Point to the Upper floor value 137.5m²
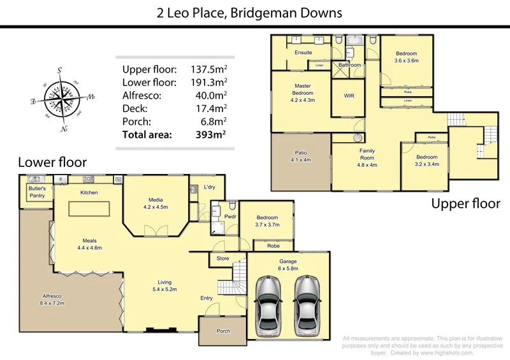[209, 68]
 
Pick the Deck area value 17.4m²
[212, 108]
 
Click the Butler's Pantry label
[36, 193]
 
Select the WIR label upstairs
[349, 96]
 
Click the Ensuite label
[303, 52]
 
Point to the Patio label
[301, 156]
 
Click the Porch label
[223, 331]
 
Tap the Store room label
[222, 259]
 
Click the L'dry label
[209, 187]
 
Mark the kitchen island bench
[89, 210]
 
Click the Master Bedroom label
[303, 89]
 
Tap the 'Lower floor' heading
[52, 162]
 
